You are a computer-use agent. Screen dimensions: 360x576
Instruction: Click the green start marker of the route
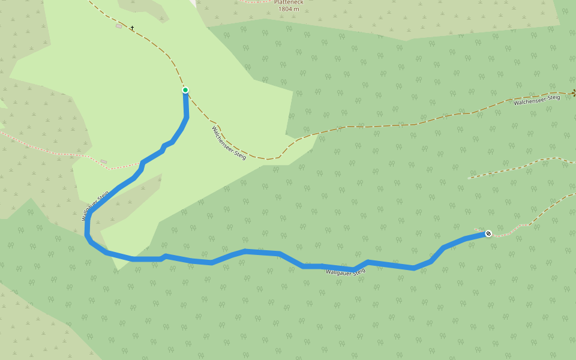(x=185, y=90)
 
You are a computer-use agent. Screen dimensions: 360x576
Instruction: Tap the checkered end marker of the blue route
(x=488, y=233)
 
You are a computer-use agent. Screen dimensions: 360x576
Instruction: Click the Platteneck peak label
(x=289, y=2)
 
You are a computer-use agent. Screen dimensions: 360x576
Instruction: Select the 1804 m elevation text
(x=289, y=9)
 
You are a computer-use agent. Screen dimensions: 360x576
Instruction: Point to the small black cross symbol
(x=132, y=28)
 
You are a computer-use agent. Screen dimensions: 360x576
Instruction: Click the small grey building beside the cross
(x=119, y=26)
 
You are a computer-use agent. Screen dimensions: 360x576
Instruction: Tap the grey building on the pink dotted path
(x=104, y=161)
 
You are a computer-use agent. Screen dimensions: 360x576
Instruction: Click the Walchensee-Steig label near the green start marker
(x=229, y=142)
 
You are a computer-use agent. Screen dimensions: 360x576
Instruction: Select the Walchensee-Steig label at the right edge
(x=536, y=100)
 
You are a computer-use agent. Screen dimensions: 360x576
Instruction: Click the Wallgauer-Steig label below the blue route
(x=345, y=272)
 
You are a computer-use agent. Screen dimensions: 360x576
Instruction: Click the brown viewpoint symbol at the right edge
(x=574, y=92)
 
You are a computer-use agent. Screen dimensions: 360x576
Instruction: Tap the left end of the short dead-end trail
(x=469, y=178)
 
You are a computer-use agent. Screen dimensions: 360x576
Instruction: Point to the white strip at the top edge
(x=194, y=2)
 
